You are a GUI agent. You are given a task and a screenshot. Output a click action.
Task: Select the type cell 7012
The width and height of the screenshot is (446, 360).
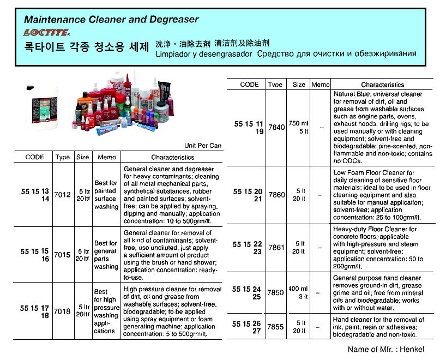point(63,194)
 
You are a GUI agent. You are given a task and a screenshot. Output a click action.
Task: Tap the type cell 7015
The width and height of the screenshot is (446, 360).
point(63,255)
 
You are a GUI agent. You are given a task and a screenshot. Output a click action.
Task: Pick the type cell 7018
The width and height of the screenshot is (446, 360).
point(63,311)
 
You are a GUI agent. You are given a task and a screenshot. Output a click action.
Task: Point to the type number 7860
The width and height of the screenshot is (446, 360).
point(275,195)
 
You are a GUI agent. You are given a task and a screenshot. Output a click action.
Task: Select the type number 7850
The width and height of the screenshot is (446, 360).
point(275,292)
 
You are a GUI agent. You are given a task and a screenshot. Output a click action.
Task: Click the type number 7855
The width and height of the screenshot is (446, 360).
point(275,326)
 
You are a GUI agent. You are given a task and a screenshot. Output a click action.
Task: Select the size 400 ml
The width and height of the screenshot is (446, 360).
point(299,289)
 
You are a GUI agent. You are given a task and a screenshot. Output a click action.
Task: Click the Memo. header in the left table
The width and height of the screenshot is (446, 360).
point(106,157)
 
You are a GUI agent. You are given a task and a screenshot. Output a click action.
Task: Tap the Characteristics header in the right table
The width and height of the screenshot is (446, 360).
point(383,85)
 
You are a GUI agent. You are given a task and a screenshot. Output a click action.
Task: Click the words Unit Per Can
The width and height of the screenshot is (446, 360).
point(203,146)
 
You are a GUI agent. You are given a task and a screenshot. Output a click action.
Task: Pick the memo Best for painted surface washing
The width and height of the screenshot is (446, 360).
point(106,195)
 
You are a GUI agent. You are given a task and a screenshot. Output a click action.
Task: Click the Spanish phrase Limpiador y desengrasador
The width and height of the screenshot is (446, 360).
point(204,54)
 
